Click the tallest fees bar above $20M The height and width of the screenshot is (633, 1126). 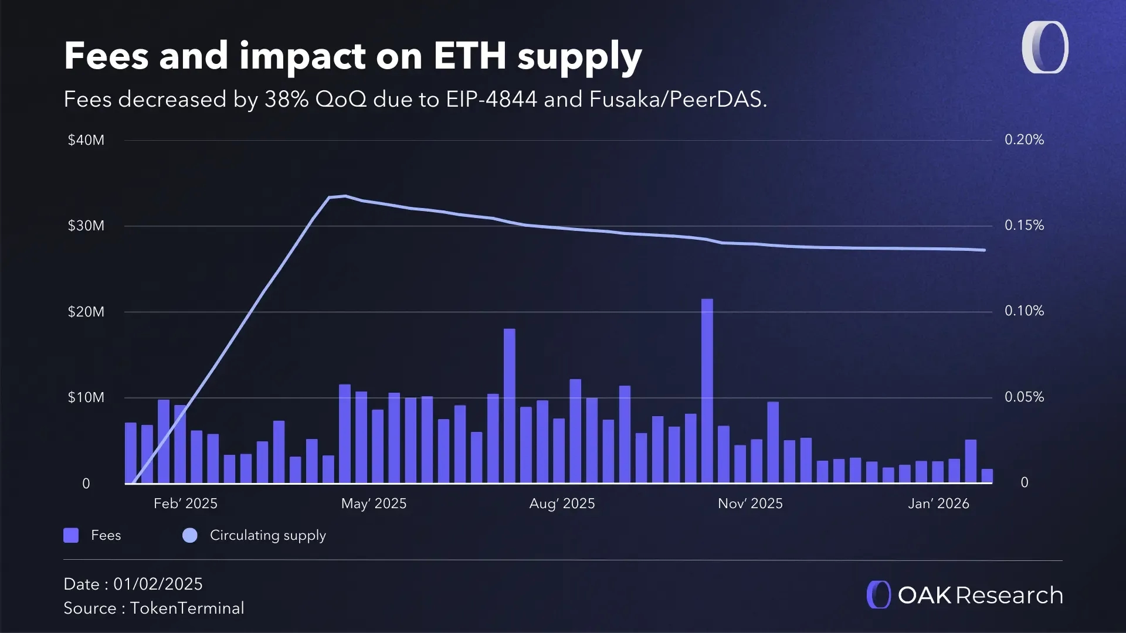[707, 390]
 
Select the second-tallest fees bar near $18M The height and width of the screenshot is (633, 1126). [509, 406]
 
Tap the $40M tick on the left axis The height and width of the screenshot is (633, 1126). [86, 140]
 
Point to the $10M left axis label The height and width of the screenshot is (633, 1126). [86, 397]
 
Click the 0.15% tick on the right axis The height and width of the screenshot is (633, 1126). [1024, 226]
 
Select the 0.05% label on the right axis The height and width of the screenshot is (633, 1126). [1024, 397]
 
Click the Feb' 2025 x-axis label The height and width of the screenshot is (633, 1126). [185, 503]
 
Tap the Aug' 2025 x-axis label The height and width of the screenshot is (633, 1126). [562, 503]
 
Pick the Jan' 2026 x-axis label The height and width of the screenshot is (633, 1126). [938, 503]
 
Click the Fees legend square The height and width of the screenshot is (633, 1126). [71, 535]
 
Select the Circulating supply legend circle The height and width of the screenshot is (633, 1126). [190, 535]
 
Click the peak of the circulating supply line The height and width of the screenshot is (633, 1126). [345, 196]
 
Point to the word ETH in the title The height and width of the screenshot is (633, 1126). [469, 56]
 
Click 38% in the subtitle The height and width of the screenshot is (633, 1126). [286, 100]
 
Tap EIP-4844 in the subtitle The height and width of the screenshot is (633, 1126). [491, 100]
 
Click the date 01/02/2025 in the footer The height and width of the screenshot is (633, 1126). [158, 584]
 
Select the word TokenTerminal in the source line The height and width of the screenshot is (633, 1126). [187, 608]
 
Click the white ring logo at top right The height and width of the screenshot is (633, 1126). [1044, 47]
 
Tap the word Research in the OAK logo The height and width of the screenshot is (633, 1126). [1009, 595]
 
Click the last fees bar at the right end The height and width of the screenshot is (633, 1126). [987, 476]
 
